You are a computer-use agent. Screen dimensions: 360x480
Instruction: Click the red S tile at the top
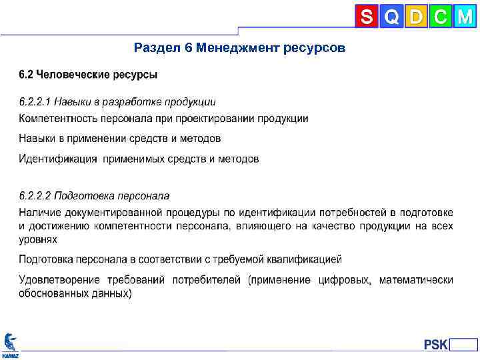[366, 17]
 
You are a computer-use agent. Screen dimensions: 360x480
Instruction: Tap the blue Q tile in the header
[391, 17]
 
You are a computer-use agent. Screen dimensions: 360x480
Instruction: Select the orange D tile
[416, 17]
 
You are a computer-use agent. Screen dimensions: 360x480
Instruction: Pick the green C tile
[440, 17]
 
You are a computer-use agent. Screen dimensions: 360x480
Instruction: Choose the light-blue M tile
[465, 17]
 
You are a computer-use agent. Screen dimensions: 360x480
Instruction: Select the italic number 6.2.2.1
[35, 102]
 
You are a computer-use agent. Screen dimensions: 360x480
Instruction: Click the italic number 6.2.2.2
[35, 196]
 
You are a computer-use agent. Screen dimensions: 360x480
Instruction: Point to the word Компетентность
[59, 119]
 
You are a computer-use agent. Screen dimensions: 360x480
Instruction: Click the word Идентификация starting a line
[58, 159]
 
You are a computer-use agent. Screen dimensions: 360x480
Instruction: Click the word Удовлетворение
[59, 280]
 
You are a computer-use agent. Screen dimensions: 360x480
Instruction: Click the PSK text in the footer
[436, 345]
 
